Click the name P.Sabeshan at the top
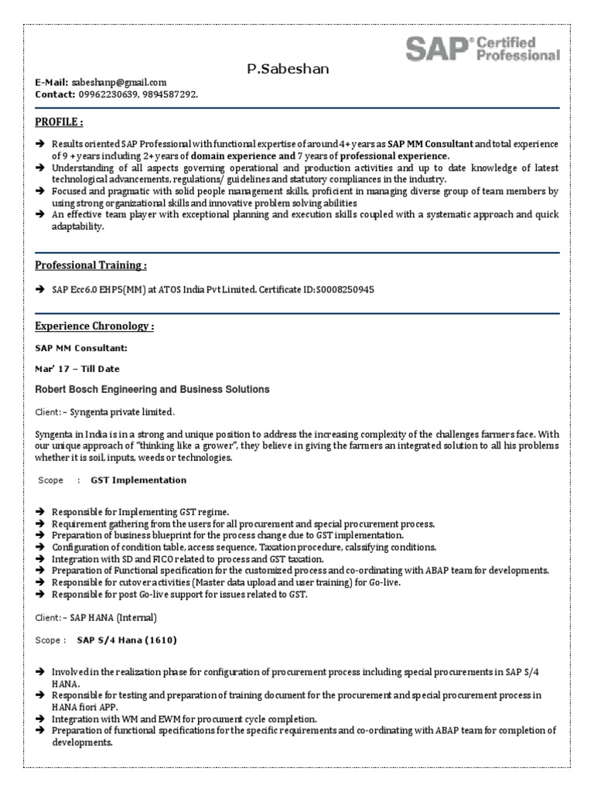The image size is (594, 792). tap(288, 69)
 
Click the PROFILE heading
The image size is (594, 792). tap(59, 122)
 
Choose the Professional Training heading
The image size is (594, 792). tap(90, 265)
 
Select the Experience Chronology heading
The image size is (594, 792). tap(94, 326)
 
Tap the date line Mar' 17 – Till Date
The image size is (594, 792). tap(77, 368)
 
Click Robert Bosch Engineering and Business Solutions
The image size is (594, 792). tap(152, 389)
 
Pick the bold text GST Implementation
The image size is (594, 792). tap(138, 480)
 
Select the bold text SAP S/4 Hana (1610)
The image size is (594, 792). tap(128, 640)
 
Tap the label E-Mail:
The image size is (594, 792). tap(52, 82)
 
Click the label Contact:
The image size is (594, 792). tap(55, 94)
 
